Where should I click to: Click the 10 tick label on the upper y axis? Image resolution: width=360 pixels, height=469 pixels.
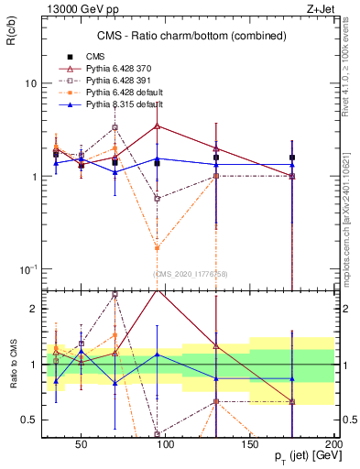click(30, 83)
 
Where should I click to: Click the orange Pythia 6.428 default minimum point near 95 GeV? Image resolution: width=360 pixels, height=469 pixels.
click(158, 248)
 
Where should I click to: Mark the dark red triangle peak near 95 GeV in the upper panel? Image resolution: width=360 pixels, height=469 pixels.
click(158, 125)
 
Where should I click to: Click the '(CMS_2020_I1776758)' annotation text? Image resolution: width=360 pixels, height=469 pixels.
click(191, 274)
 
